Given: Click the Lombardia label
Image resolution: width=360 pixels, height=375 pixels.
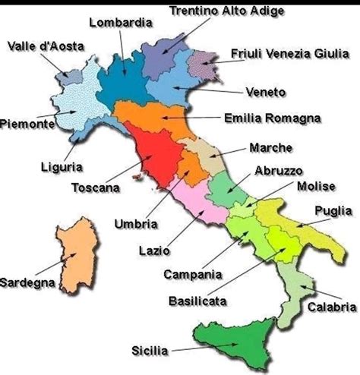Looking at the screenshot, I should click(x=120, y=22).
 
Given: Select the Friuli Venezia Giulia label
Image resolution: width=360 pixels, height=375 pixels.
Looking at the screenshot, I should click(x=291, y=54).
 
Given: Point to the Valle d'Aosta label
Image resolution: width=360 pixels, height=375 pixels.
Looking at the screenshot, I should click(x=46, y=46).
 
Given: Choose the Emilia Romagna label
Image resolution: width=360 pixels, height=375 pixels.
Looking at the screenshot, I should click(x=273, y=118).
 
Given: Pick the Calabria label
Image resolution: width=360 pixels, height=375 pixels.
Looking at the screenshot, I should click(x=331, y=307).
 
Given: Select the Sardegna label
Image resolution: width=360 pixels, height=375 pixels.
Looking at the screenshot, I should click(x=27, y=282).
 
